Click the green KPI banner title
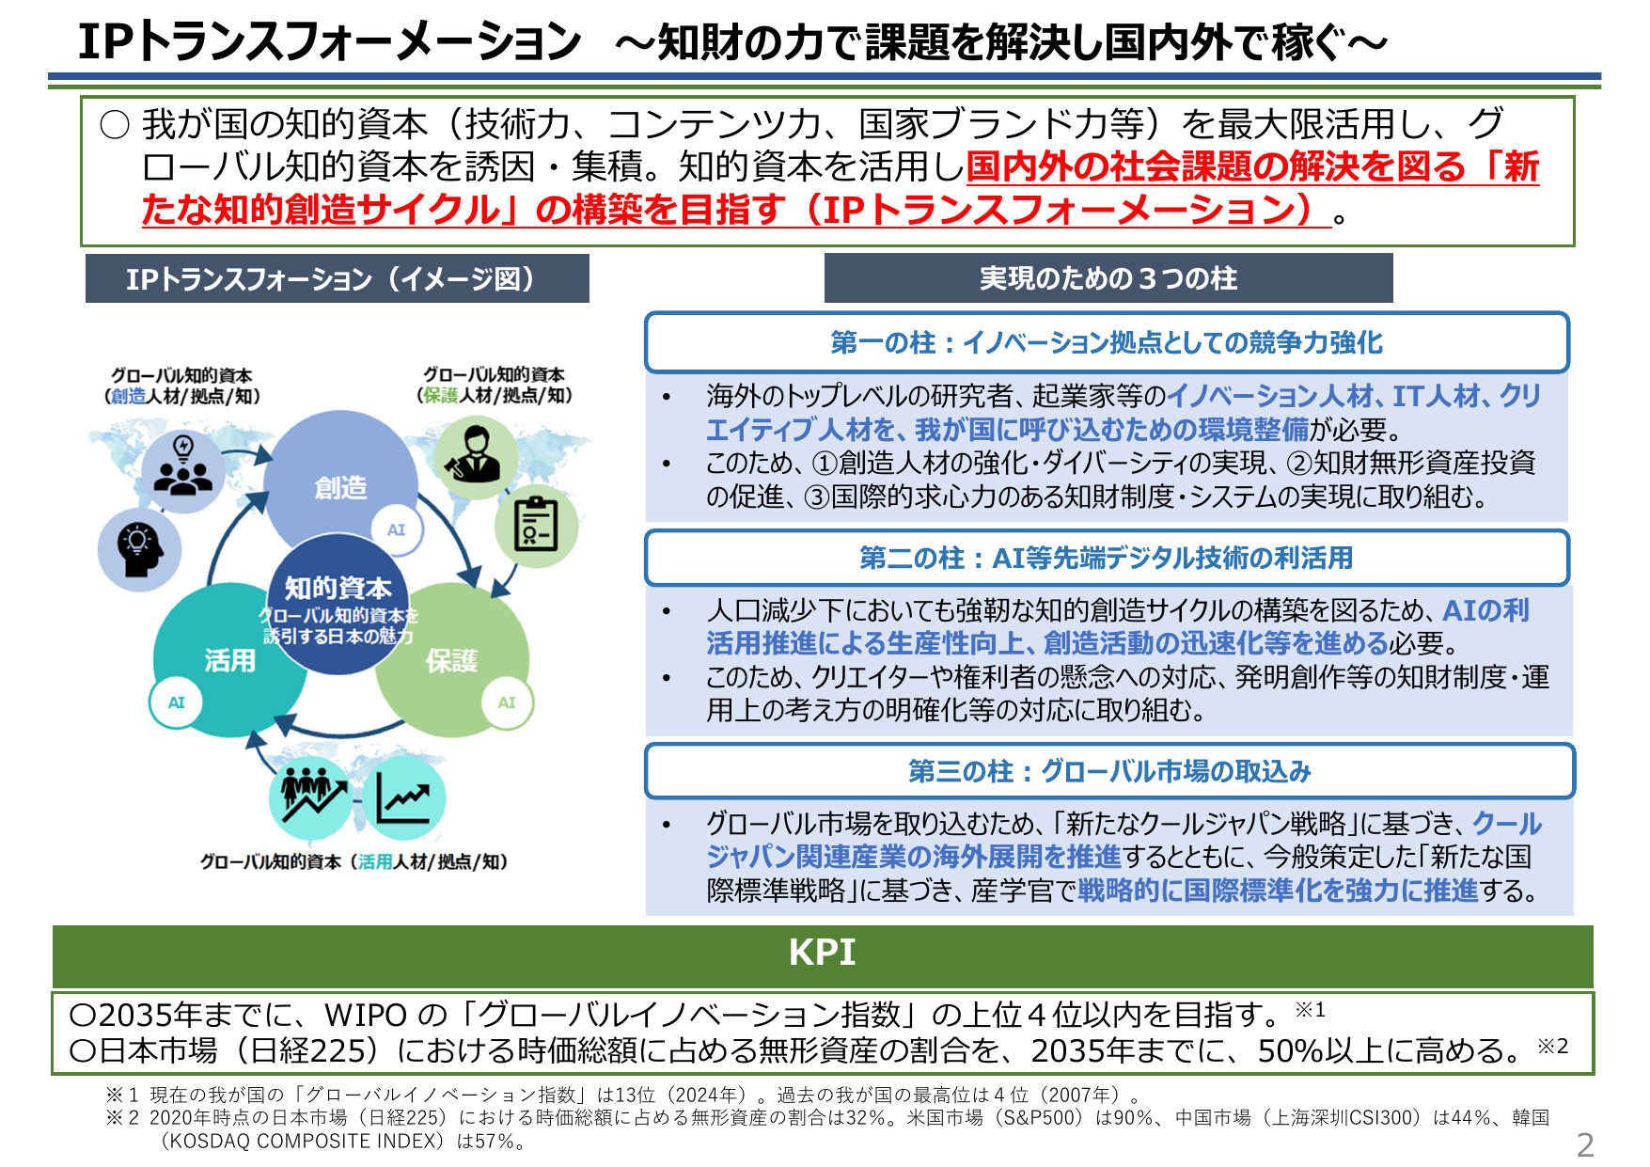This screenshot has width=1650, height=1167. (x=823, y=953)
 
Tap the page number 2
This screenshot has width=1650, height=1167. (x=1584, y=1144)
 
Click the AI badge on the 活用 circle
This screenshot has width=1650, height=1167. (x=177, y=702)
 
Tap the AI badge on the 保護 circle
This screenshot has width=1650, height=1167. (x=507, y=702)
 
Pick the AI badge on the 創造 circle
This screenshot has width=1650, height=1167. (x=396, y=529)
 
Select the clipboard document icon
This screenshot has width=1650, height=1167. (x=537, y=525)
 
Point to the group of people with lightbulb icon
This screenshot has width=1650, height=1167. (x=182, y=468)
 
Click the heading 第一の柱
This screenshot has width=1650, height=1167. (x=1107, y=342)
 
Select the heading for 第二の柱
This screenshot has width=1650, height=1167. (x=1107, y=558)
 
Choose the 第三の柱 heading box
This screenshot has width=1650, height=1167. (x=1109, y=771)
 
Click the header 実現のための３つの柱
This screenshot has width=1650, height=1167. (x=1108, y=278)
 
